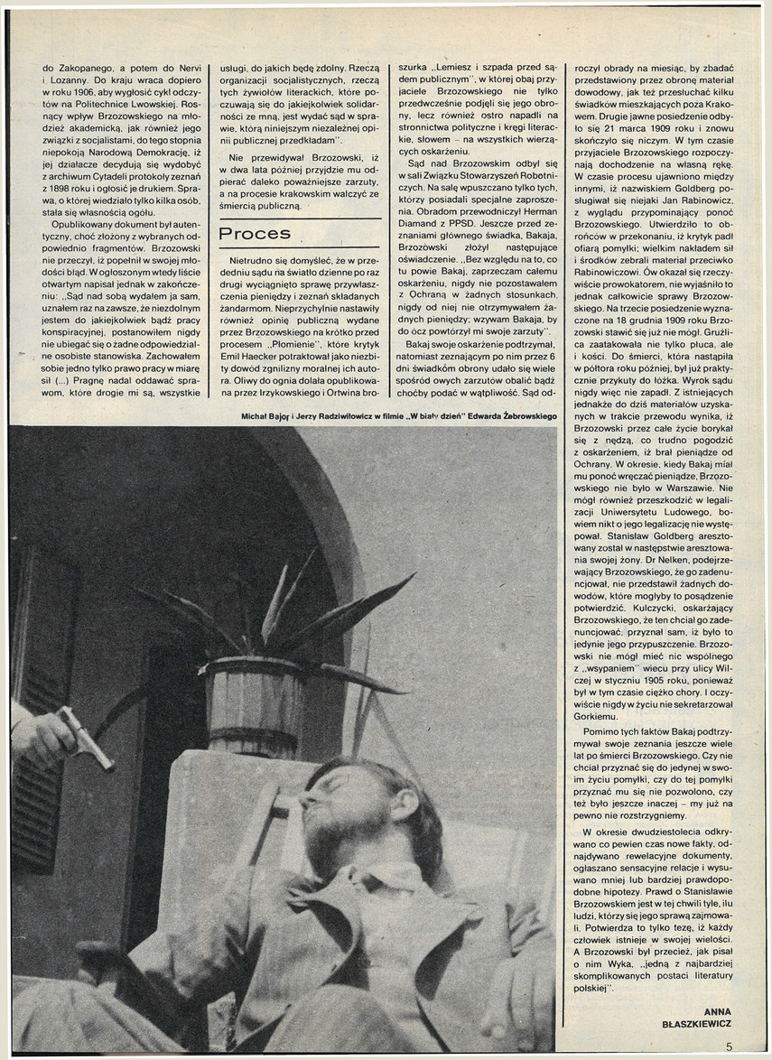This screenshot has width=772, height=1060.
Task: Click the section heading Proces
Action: tap(255, 234)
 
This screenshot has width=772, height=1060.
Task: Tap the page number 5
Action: tap(729, 1046)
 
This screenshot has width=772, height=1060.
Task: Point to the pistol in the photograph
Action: tap(85, 735)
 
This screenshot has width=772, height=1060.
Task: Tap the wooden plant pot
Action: tap(254, 704)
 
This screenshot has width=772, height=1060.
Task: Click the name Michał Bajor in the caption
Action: tap(261, 416)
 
